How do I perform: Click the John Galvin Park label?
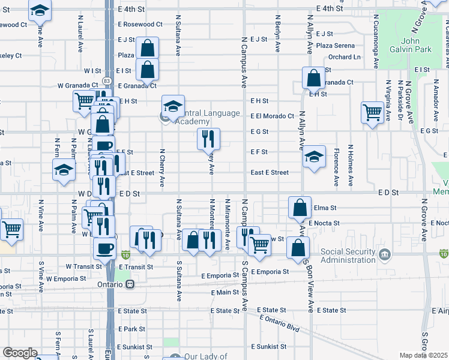(414, 45)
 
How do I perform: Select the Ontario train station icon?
(130, 285)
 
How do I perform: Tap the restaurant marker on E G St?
(209, 139)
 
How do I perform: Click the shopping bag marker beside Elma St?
(300, 208)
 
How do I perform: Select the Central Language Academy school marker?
(173, 106)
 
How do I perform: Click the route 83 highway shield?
(106, 80)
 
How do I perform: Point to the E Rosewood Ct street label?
(140, 25)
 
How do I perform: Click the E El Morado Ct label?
(273, 116)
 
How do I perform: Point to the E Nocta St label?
(324, 223)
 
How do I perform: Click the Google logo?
(20, 353)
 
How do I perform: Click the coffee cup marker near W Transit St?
(104, 248)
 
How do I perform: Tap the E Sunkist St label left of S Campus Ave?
(136, 347)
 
